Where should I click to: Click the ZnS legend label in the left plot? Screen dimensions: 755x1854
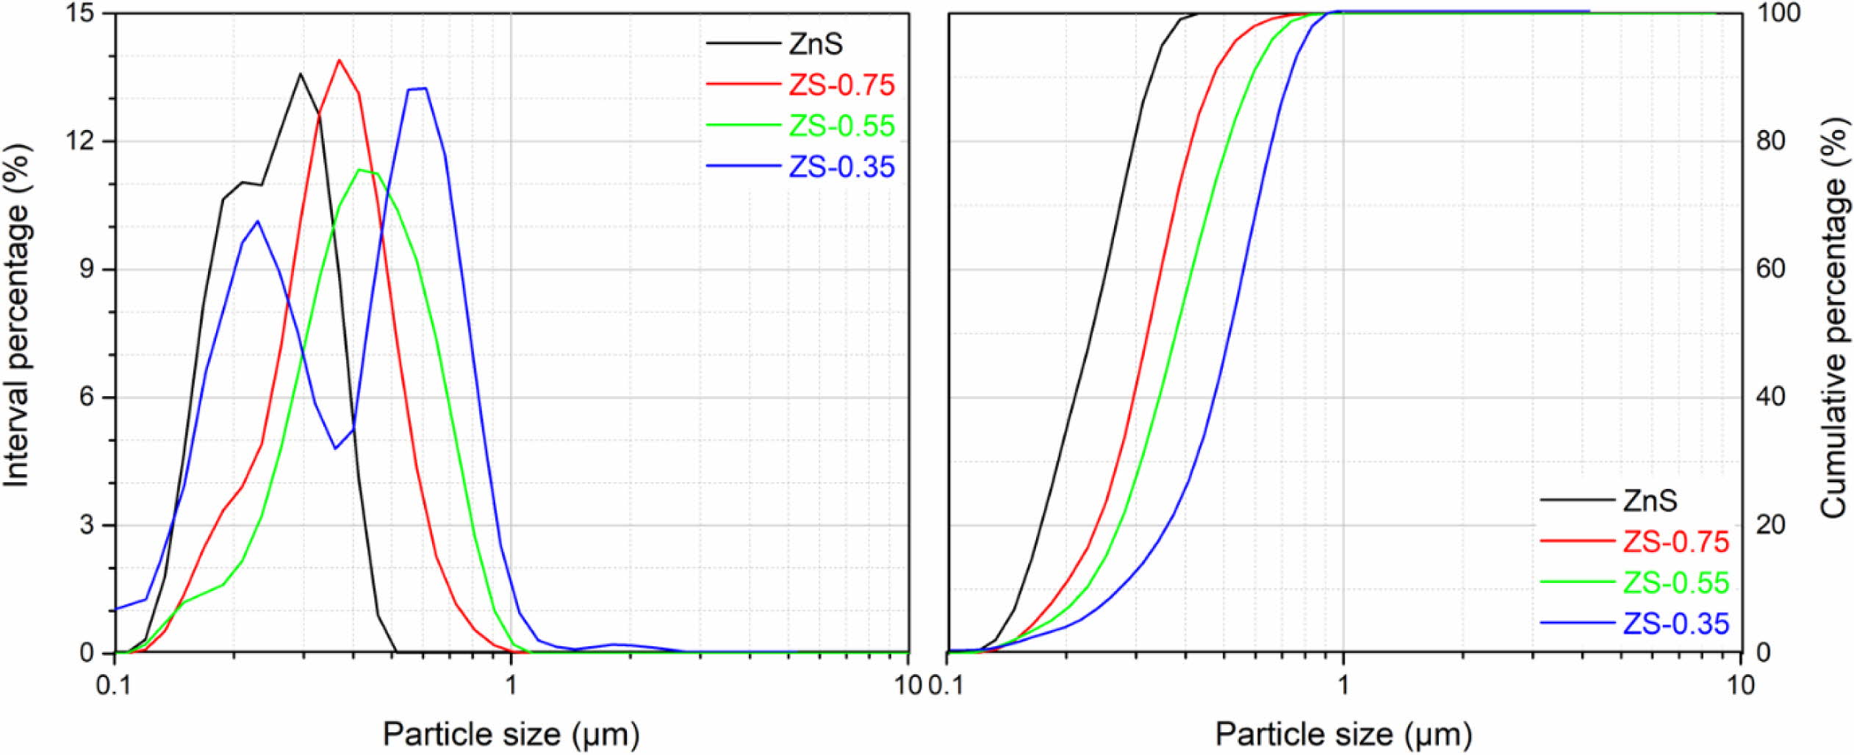pos(816,44)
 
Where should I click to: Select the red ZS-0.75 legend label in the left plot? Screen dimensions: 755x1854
pos(841,85)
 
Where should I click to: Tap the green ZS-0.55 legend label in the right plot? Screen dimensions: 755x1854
pos(1676,583)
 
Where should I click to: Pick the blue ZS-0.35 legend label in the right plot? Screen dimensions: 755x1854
pos(1676,624)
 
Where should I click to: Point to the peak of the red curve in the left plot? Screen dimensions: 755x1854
pos(339,60)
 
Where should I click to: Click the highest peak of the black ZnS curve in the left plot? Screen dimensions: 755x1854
pos(300,74)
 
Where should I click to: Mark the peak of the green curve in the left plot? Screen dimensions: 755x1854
pos(359,170)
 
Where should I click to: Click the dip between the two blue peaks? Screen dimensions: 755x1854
pos(336,448)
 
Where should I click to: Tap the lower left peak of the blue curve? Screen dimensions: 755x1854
pos(256,221)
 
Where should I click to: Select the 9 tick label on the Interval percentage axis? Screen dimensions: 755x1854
pos(87,270)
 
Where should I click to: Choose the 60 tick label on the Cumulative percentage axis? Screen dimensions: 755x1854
pos(1770,270)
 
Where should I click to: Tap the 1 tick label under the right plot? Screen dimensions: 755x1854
pos(1343,685)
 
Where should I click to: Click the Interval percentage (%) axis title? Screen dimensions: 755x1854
pos(18,316)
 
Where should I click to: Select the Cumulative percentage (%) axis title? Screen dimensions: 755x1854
pos(1833,316)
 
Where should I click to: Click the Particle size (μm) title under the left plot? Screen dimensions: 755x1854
pos(511,734)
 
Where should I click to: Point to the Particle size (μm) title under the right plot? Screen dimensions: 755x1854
pos(1343,734)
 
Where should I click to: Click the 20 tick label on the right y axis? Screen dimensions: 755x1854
pos(1770,525)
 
